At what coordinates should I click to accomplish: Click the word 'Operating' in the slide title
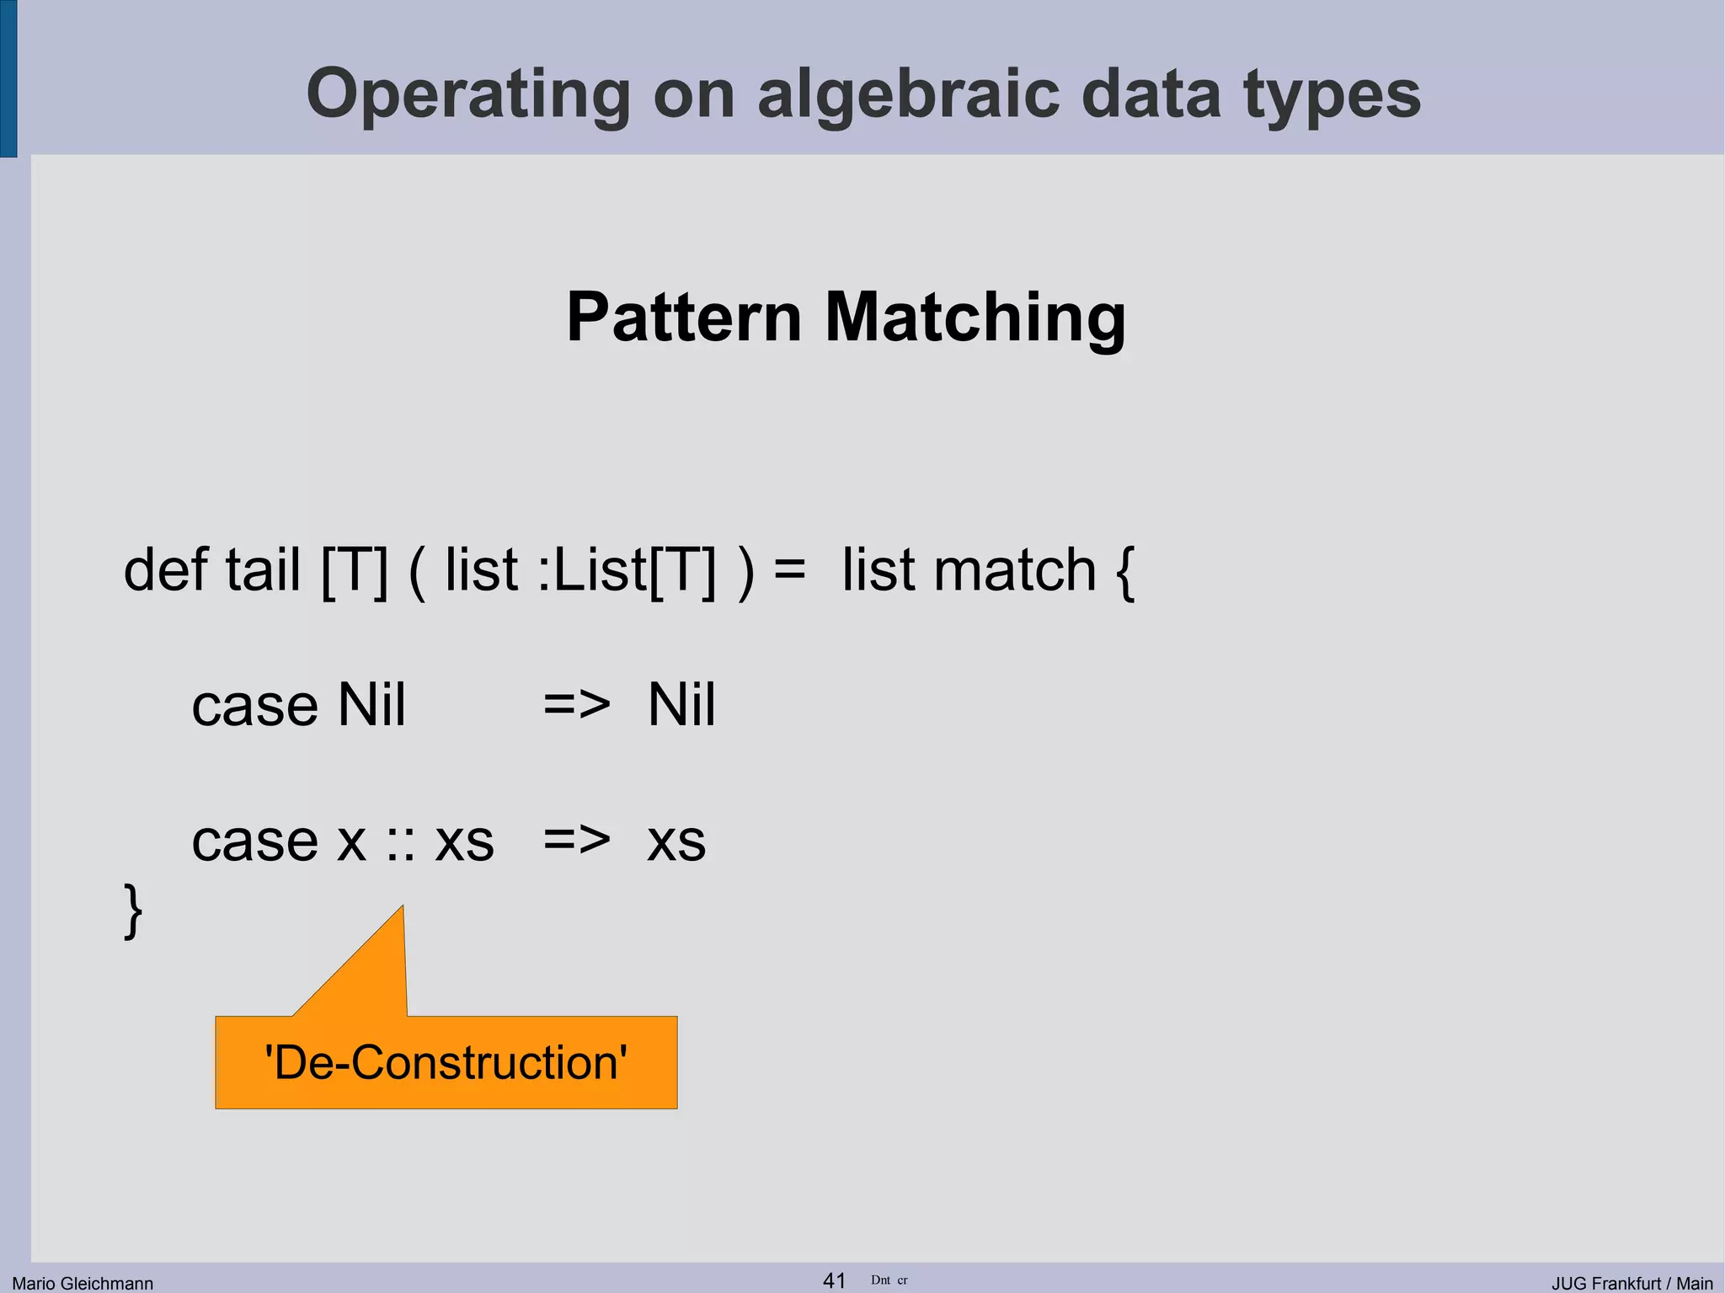tap(467, 94)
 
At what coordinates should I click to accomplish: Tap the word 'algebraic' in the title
tap(907, 94)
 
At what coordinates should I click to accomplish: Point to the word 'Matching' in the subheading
tap(975, 317)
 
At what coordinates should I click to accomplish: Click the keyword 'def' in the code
tap(165, 569)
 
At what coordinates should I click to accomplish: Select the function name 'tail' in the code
tap(263, 569)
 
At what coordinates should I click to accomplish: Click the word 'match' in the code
tap(1015, 569)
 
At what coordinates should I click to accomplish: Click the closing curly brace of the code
tap(133, 911)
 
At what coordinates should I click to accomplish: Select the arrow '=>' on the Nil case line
tap(576, 704)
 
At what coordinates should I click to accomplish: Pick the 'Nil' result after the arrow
tap(681, 704)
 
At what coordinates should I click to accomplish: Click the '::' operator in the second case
tap(401, 842)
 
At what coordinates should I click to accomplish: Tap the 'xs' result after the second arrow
tap(676, 841)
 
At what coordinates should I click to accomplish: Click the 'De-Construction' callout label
tap(446, 1062)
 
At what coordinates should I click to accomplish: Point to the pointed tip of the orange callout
tap(402, 908)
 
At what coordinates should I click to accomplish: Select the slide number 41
tap(834, 1280)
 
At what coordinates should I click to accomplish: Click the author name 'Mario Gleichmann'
tap(83, 1283)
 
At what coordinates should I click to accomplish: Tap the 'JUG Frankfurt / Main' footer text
tap(1632, 1283)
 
